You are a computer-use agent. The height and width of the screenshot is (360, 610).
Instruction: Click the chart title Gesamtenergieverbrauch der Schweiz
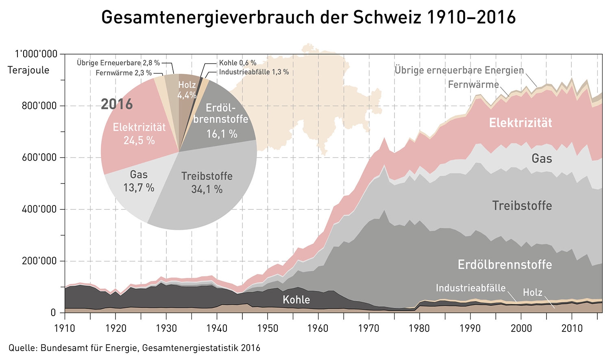[x=308, y=18]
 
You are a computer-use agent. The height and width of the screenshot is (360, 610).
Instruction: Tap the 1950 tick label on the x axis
[x=268, y=328]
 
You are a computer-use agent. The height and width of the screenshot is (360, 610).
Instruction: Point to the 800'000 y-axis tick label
[x=39, y=106]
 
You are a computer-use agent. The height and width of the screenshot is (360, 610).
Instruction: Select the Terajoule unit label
[x=28, y=70]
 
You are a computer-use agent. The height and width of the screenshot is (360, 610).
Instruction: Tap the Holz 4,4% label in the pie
[x=187, y=90]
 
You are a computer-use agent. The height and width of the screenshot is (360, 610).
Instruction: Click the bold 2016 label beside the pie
[x=117, y=104]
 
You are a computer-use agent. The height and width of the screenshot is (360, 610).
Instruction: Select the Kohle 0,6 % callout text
[x=237, y=63]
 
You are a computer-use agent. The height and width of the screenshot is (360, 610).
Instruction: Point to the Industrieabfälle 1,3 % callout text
[x=254, y=72]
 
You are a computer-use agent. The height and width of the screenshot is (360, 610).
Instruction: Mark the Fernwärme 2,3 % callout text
[x=124, y=73]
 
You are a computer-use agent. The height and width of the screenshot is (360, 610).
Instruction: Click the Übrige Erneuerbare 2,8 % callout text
[x=118, y=63]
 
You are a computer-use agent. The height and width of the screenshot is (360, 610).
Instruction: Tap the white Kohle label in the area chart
[x=296, y=300]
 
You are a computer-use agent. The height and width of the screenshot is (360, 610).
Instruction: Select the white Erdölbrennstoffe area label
[x=505, y=264]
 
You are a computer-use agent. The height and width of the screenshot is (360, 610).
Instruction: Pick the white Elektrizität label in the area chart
[x=520, y=123]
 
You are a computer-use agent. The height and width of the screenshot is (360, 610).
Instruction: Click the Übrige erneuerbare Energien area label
[x=459, y=70]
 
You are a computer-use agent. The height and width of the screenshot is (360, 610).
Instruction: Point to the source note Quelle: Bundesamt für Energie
[x=134, y=348]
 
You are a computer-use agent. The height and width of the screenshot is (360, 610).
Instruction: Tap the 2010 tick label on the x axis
[x=572, y=328]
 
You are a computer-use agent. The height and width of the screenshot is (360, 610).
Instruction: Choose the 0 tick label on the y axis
[x=53, y=313]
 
